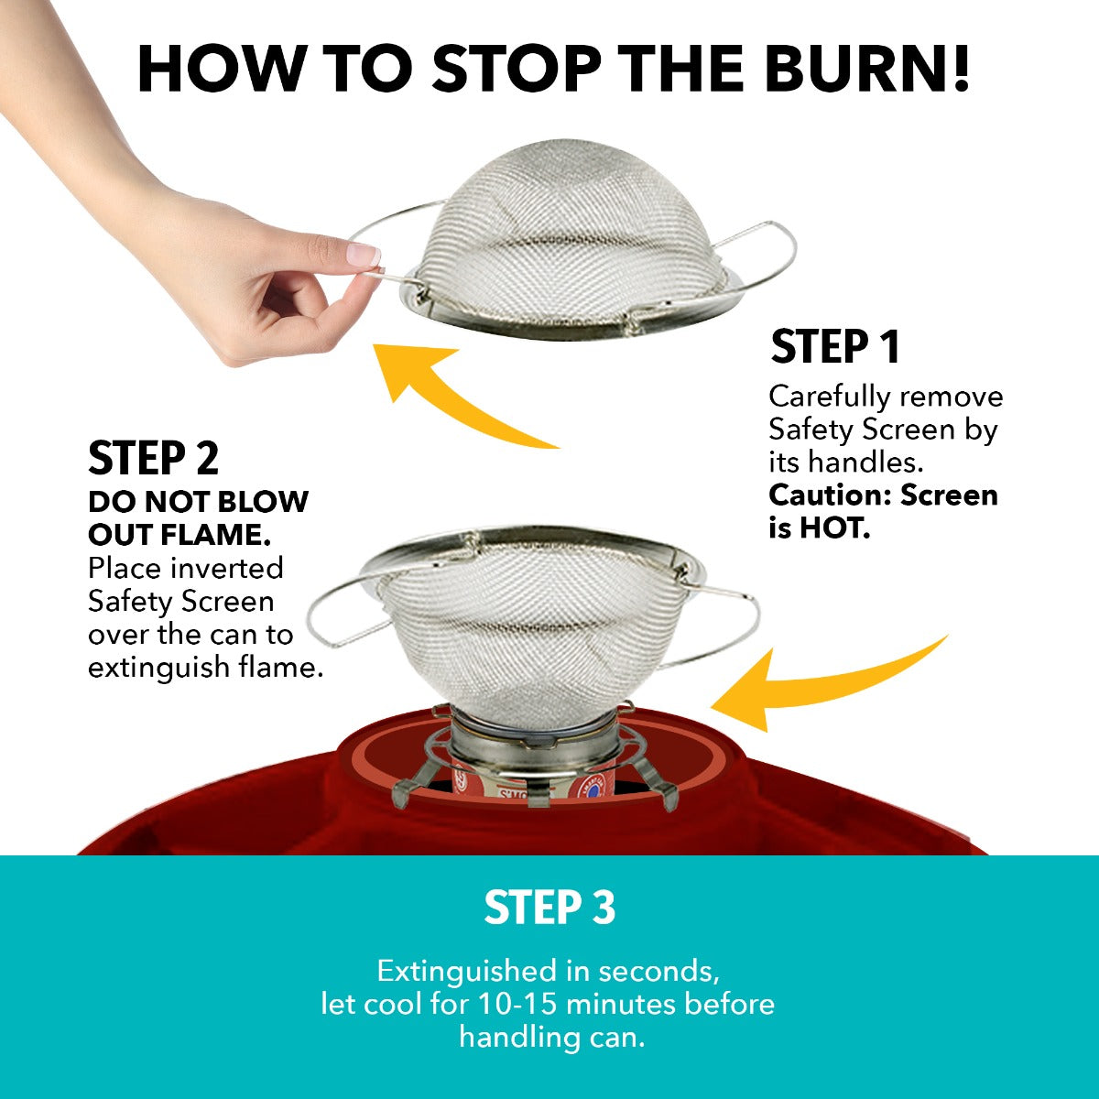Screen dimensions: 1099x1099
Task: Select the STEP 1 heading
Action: (x=835, y=346)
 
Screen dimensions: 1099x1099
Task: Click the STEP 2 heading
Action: (x=154, y=457)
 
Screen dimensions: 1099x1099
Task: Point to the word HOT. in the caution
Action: (x=835, y=528)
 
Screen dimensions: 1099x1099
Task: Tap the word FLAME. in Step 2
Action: (x=215, y=535)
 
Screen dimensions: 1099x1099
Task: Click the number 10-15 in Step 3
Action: (x=517, y=1005)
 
